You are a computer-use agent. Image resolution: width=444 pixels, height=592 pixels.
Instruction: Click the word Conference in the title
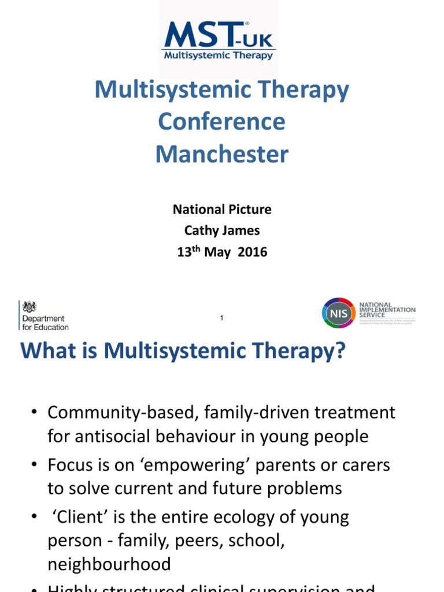click(221, 122)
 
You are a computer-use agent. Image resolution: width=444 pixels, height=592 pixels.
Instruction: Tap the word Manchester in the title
click(221, 154)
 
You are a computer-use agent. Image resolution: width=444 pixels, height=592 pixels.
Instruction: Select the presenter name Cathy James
click(222, 231)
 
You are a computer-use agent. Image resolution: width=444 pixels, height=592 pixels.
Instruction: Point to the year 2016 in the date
click(252, 253)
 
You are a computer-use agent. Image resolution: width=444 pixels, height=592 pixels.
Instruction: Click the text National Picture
click(222, 209)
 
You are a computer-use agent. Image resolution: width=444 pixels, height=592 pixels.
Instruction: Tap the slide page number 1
click(222, 318)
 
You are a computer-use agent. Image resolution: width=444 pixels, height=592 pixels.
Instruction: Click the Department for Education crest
click(29, 306)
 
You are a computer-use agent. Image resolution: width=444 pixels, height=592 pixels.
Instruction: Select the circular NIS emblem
click(338, 313)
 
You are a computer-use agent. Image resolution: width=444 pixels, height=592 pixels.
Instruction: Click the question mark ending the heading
click(339, 351)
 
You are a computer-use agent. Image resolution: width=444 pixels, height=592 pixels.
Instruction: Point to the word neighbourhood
click(109, 564)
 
